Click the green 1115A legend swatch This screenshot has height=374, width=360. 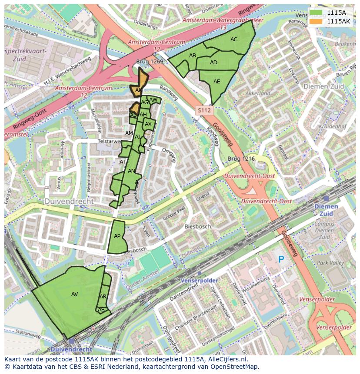coord(317,13)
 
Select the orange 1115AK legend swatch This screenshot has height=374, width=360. coord(317,21)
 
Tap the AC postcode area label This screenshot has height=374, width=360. coord(234,40)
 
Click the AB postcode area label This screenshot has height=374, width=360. coord(193,56)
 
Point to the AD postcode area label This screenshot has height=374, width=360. coord(213,63)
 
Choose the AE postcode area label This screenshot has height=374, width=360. coord(217,82)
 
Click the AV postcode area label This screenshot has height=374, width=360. coord(75,294)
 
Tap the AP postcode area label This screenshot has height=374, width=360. coord(117,236)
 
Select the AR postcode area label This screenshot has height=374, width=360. coord(103,297)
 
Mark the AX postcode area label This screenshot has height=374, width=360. coord(148,124)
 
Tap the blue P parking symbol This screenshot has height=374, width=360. coord(281,259)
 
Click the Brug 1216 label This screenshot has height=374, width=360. coord(241,159)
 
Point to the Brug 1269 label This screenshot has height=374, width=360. coord(149,62)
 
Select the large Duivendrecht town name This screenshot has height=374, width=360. coord(69,202)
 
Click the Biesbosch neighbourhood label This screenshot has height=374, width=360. coord(197,226)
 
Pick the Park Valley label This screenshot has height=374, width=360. coord(330,263)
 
